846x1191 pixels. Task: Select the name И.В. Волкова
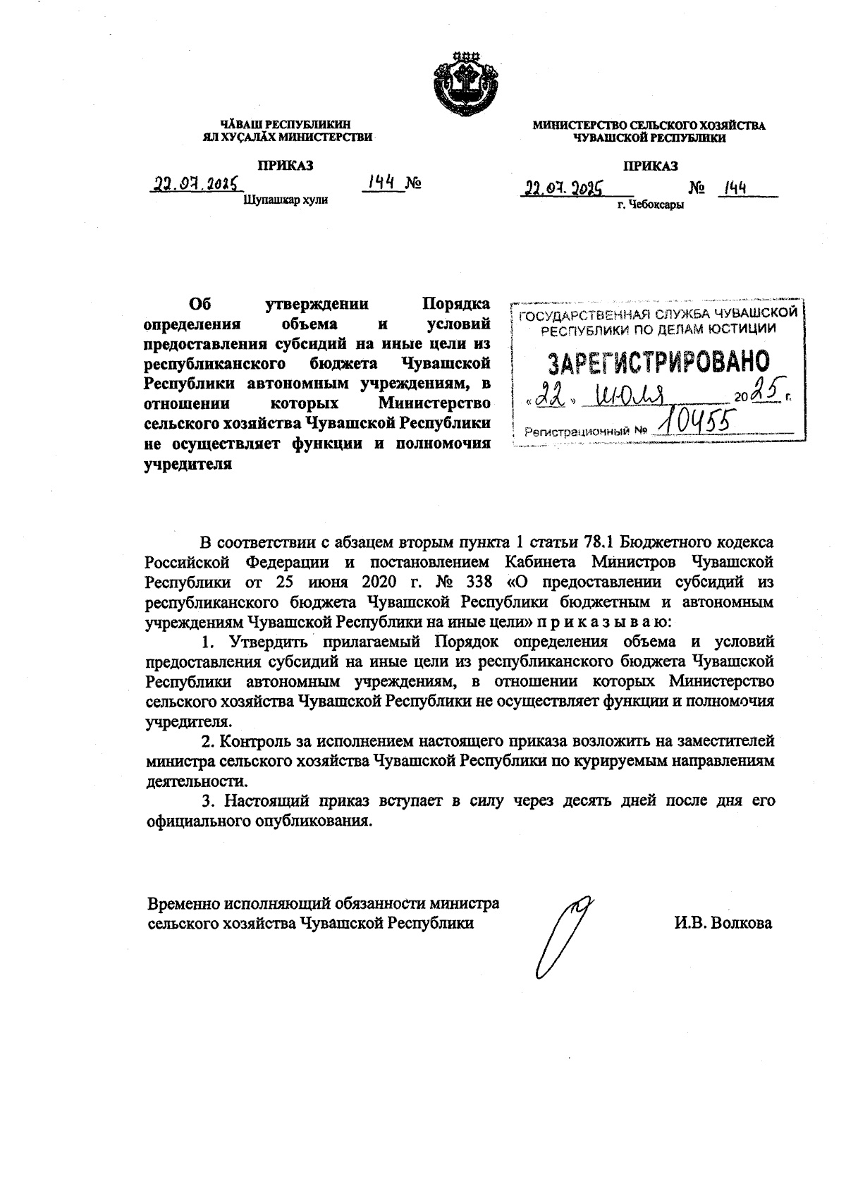(x=722, y=923)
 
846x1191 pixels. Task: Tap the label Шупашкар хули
(x=286, y=200)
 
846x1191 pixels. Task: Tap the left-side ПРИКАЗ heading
(x=285, y=166)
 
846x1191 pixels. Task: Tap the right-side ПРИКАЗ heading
(x=650, y=166)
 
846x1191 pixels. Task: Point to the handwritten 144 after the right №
(x=732, y=188)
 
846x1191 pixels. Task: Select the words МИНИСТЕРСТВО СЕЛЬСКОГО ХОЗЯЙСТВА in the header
(x=649, y=126)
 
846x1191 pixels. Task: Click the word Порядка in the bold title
(x=456, y=305)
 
